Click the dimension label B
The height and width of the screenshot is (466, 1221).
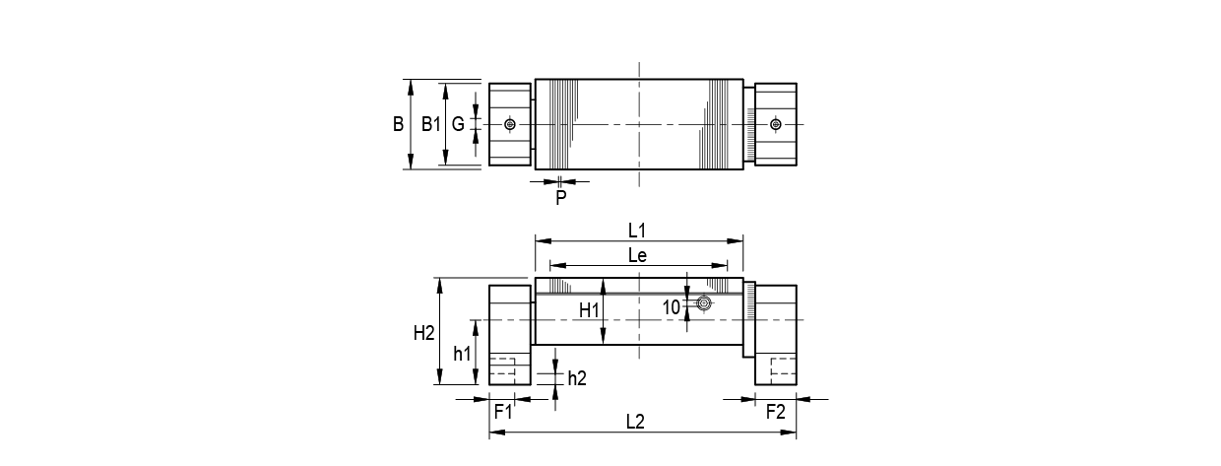[398, 124]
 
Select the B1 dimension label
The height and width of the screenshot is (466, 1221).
[430, 124]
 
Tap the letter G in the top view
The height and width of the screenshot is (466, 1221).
[458, 124]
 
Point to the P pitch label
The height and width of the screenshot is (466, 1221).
[560, 197]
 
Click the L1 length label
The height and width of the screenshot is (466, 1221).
[638, 230]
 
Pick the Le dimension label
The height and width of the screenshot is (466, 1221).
[638, 255]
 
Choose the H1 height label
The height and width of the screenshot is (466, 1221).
[589, 310]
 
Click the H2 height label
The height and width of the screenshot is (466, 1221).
[423, 333]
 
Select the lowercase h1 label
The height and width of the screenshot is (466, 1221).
[462, 353]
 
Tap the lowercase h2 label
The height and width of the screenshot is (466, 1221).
[577, 377]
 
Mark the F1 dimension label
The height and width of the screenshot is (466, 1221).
[502, 411]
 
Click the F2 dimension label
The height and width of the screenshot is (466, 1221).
[776, 411]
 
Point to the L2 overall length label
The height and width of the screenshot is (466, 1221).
[635, 422]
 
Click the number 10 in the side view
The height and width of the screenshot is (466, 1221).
[671, 307]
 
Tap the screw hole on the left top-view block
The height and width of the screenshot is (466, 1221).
[509, 124]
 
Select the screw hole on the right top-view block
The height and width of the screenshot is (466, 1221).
[776, 124]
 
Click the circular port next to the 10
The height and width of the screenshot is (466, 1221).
[703, 303]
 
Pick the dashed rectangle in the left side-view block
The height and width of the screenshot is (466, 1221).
[502, 368]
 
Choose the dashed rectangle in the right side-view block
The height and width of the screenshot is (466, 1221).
[783, 368]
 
